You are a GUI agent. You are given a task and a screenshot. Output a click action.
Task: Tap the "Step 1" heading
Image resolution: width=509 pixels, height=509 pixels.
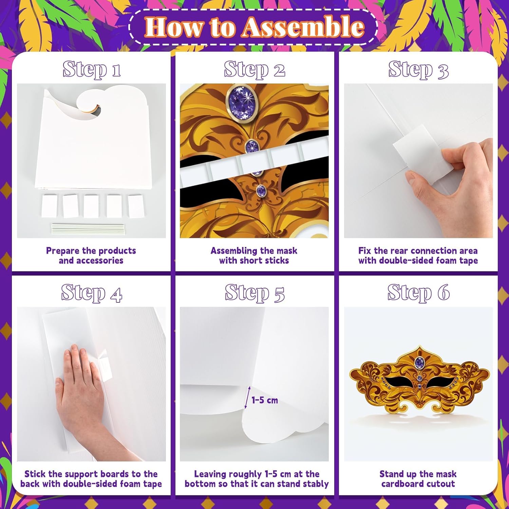[91, 69]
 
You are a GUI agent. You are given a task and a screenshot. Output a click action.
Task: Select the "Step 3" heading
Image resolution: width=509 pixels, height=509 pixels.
[418, 70]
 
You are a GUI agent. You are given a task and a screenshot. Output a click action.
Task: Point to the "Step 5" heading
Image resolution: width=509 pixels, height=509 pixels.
[254, 293]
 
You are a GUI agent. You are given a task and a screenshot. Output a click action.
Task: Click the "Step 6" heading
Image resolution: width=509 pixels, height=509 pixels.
[418, 293]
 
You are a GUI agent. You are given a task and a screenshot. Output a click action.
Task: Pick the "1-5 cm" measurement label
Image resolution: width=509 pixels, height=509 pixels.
[265, 400]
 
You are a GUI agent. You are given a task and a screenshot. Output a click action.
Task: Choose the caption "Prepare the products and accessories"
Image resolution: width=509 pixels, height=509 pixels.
[91, 256]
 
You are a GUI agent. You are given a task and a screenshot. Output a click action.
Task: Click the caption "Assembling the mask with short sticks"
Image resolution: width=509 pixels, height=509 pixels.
[254, 256]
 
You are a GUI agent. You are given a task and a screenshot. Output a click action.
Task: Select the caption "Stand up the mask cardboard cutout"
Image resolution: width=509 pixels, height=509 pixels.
[418, 479]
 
